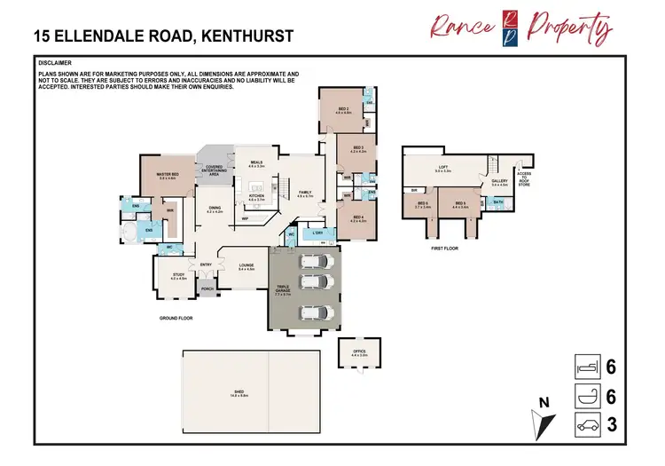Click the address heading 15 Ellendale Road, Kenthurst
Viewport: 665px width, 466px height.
pyautogui.click(x=163, y=37)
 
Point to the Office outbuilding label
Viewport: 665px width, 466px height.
pyautogui.click(x=359, y=351)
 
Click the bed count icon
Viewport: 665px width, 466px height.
pyautogui.click(x=588, y=367)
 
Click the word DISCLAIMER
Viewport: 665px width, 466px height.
pyautogui.click(x=55, y=64)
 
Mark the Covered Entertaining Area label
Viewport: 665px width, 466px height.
pyautogui.click(x=214, y=170)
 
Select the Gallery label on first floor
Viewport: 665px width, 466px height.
pyautogui.click(x=499, y=181)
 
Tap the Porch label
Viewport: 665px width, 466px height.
pyautogui.click(x=208, y=288)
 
